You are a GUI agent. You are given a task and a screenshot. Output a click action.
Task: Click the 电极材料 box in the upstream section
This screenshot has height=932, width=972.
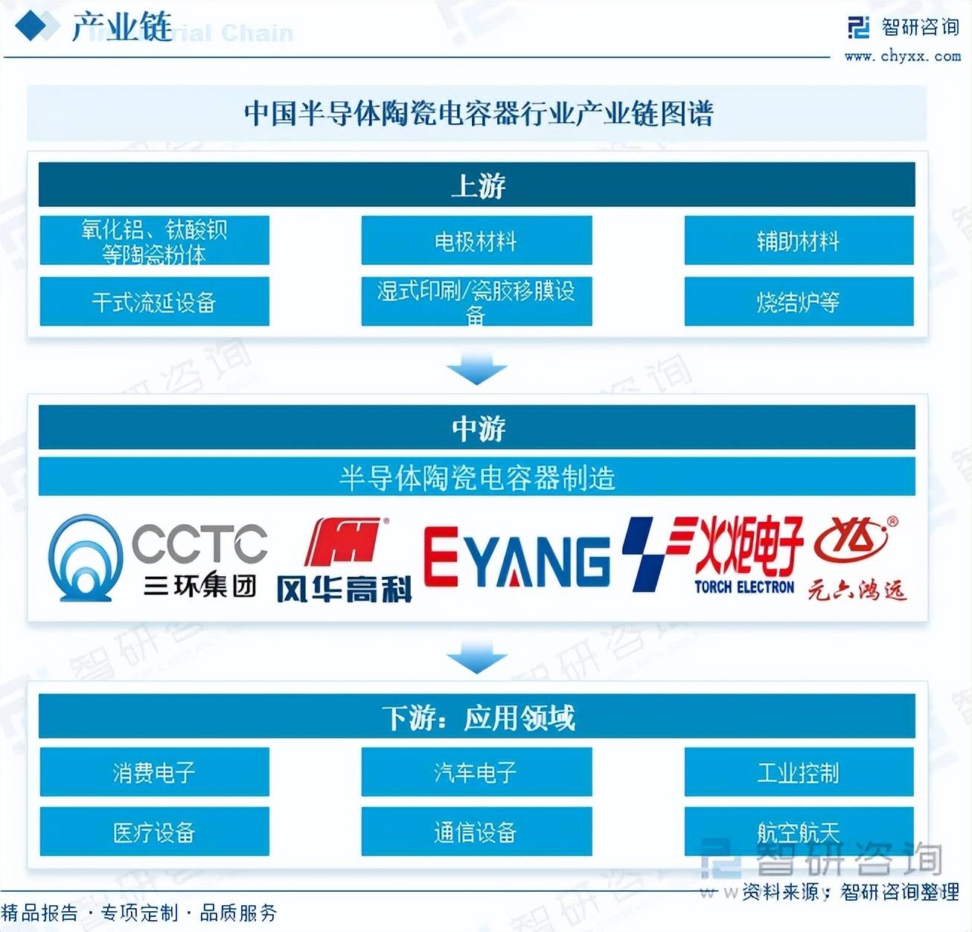point(476,240)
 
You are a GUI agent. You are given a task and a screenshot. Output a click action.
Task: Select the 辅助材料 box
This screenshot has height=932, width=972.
point(799,240)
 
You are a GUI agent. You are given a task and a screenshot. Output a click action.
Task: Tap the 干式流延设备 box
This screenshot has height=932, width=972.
point(154,301)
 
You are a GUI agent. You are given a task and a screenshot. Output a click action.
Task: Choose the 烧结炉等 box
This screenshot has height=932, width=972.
point(799,301)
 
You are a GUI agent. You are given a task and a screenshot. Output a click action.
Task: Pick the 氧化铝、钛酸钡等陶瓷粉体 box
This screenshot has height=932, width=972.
point(154,240)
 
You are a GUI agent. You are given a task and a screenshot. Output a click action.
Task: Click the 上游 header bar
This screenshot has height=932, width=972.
point(476,185)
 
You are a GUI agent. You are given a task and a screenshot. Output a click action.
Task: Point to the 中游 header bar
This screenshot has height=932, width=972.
point(476,427)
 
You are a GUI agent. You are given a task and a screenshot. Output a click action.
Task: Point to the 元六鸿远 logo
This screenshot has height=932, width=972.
point(857,558)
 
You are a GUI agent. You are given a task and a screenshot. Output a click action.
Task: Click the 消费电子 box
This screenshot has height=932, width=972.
point(154,772)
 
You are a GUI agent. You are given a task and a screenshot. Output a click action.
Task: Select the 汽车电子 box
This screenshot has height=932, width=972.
point(476,772)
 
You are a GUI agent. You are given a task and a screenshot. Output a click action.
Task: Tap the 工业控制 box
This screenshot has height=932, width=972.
point(799,772)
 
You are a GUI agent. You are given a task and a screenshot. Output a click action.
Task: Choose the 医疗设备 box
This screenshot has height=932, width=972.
point(154,832)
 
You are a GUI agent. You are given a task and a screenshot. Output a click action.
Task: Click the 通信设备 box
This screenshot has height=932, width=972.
point(476,832)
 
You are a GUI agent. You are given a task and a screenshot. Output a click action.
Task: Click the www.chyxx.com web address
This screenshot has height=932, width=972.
point(902,56)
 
